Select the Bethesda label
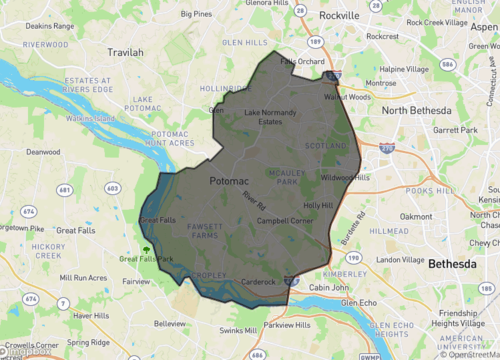[453, 264]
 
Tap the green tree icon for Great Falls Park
[146, 250]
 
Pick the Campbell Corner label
[286, 220]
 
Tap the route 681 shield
[65, 189]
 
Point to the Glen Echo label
[360, 302]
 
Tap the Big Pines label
[195, 15]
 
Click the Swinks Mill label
[238, 330]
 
